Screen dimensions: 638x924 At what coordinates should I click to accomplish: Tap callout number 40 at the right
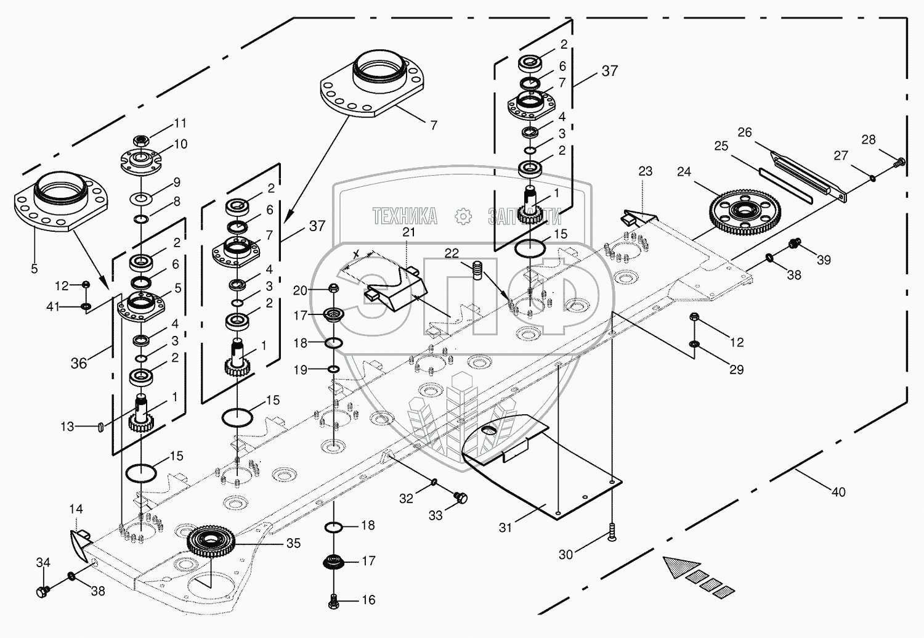tap(838, 492)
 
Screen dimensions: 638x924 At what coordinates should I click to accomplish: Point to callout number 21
tap(409, 232)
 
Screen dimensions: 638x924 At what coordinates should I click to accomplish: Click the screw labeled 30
tap(612, 531)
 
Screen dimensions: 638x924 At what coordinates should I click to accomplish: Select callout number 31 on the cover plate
tap(505, 528)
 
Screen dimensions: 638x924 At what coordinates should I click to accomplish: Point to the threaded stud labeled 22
tap(477, 270)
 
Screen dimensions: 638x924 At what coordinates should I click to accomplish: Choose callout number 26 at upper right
tap(745, 133)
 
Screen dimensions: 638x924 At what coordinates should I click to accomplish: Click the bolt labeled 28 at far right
tap(899, 163)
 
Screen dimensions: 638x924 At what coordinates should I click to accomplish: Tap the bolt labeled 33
tap(460, 496)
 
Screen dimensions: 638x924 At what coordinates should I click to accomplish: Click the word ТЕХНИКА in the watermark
tap(405, 216)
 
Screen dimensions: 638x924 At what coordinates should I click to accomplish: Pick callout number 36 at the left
tap(78, 363)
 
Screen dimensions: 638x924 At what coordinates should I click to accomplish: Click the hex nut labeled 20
tap(333, 288)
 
